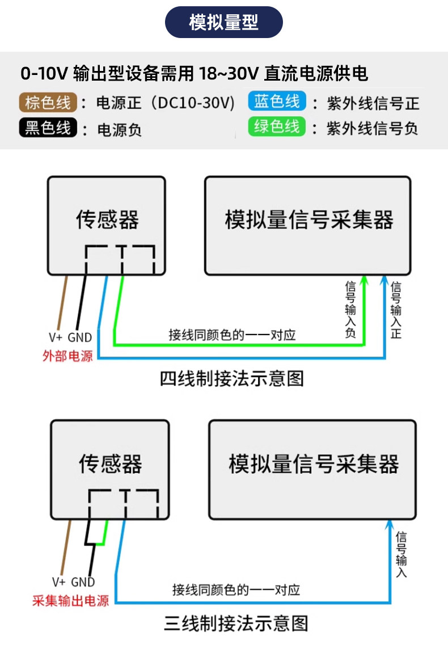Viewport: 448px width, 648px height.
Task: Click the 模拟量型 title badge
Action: click(x=223, y=22)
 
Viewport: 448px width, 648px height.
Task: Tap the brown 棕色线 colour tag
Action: click(x=48, y=102)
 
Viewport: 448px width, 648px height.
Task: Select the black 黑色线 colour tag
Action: click(x=48, y=128)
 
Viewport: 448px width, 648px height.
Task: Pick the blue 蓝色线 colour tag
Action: click(x=277, y=101)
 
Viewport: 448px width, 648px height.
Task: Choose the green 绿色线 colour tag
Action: click(x=277, y=127)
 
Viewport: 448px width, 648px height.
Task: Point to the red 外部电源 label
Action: click(x=67, y=356)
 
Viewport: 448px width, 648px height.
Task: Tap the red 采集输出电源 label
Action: click(x=70, y=600)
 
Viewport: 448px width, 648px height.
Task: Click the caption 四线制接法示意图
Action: click(x=232, y=379)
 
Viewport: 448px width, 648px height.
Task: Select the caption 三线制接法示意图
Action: click(x=236, y=623)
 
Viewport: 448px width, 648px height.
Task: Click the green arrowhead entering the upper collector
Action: click(x=364, y=281)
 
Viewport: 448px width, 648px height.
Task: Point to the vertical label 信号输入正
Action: click(x=396, y=310)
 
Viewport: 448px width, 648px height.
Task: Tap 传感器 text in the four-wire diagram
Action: click(x=107, y=219)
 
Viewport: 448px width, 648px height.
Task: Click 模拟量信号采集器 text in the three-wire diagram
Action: click(x=314, y=463)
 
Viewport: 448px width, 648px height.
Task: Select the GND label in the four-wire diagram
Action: click(x=79, y=338)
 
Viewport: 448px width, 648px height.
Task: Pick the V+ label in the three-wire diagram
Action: click(x=58, y=582)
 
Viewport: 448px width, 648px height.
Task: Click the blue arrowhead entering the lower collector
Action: click(x=389, y=525)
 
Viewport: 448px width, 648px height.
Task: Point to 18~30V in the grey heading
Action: click(x=229, y=74)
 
